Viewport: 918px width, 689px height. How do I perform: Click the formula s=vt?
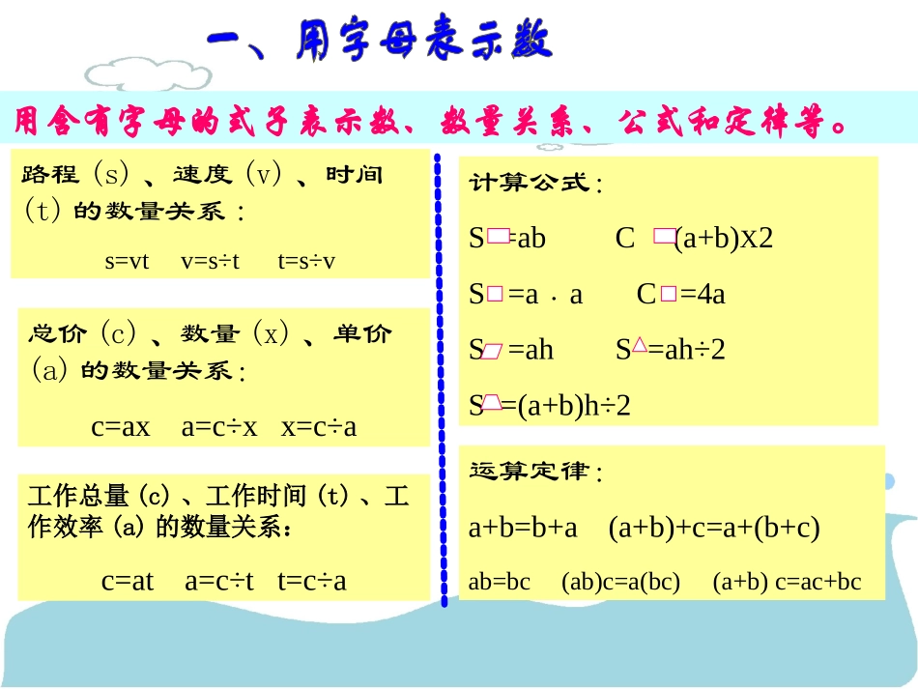tap(127, 261)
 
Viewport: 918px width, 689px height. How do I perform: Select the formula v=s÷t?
tap(210, 261)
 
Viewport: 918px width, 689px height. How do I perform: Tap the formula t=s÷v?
tap(306, 261)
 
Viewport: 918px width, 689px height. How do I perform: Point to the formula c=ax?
tap(121, 426)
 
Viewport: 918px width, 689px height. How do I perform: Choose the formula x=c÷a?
tap(319, 426)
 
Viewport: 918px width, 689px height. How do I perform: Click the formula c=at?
tap(128, 580)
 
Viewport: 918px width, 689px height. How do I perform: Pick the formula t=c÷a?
tap(311, 580)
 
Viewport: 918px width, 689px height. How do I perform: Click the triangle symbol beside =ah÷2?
tap(639, 345)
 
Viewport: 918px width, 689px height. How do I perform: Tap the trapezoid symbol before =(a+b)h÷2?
tap(492, 402)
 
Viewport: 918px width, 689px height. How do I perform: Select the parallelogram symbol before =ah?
tap(493, 351)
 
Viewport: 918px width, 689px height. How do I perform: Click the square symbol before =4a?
tap(669, 295)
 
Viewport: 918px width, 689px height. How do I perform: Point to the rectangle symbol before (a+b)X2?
tap(664, 236)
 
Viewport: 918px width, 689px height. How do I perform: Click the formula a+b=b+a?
tap(523, 528)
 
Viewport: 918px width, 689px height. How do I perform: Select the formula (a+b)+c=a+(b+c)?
tap(714, 528)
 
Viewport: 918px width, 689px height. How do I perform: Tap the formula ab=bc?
tap(499, 582)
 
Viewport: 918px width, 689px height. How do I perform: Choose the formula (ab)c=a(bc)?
tap(620, 582)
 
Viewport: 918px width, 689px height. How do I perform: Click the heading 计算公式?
tap(533, 184)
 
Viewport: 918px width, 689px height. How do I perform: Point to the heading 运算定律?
tap(533, 473)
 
